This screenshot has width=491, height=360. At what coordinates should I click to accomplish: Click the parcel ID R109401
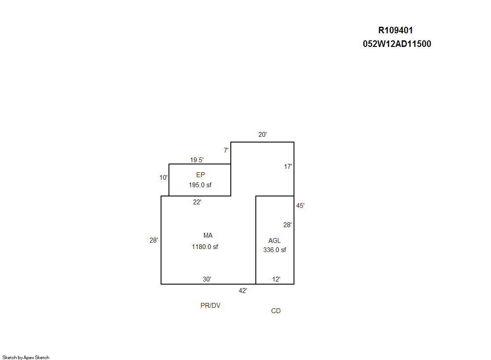coord(395,30)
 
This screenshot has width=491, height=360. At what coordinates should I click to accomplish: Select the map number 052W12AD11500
coord(397,44)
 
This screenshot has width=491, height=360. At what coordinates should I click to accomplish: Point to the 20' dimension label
coord(262,135)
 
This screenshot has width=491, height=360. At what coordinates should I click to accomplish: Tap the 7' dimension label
coord(226,150)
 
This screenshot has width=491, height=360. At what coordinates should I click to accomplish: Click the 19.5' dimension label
coord(197,160)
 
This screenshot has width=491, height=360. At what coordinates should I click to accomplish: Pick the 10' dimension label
coord(164,178)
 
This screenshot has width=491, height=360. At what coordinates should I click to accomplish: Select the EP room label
coord(201,175)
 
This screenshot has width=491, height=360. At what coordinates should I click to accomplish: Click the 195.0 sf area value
coord(200,185)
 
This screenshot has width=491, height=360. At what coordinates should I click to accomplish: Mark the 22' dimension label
coord(197,202)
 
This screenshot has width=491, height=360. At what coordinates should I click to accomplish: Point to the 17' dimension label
coord(288,167)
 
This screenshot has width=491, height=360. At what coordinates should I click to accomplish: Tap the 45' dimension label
coord(300,206)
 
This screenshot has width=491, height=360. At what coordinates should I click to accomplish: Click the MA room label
coord(208,235)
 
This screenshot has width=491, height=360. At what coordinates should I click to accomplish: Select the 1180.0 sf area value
coord(205,247)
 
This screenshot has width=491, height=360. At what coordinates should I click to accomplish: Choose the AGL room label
coord(274,241)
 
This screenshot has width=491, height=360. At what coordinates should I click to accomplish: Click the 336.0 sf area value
coord(275,250)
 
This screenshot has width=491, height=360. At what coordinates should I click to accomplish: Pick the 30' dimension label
coord(207,279)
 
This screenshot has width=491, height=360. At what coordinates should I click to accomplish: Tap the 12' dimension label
coord(276,279)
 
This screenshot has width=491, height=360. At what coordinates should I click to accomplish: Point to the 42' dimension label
coord(243,291)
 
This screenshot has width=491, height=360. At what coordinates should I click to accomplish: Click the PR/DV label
coord(211,306)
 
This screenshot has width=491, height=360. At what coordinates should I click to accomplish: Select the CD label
coord(276,311)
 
